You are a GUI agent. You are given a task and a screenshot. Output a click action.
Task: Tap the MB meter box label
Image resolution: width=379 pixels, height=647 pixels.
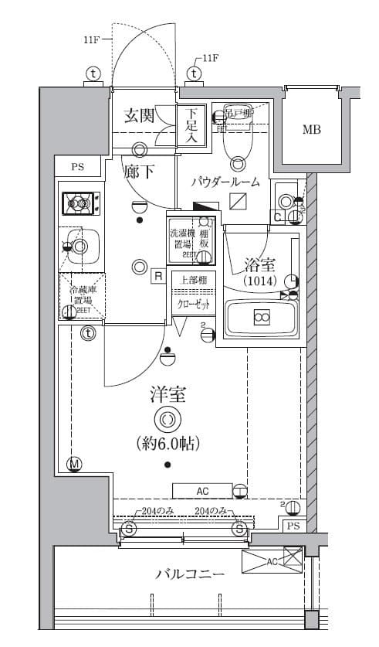tap(311, 129)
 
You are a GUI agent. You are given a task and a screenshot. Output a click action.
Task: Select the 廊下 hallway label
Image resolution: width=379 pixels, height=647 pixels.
tap(139, 172)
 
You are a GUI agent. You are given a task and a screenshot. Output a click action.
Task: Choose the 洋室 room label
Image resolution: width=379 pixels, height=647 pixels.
tap(168, 396)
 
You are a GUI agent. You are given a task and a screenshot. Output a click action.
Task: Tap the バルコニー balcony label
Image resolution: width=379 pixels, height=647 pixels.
tap(190, 575)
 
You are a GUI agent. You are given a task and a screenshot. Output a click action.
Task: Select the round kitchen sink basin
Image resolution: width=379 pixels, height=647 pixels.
tap(79, 247)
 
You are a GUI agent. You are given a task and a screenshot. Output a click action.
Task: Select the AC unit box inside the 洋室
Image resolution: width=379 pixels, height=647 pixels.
tap(202, 491)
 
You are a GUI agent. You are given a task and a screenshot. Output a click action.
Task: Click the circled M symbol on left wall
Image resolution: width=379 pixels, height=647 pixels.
tap(75, 464)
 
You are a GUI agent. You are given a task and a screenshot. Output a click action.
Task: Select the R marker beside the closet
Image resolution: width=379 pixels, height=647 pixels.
tap(157, 275)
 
